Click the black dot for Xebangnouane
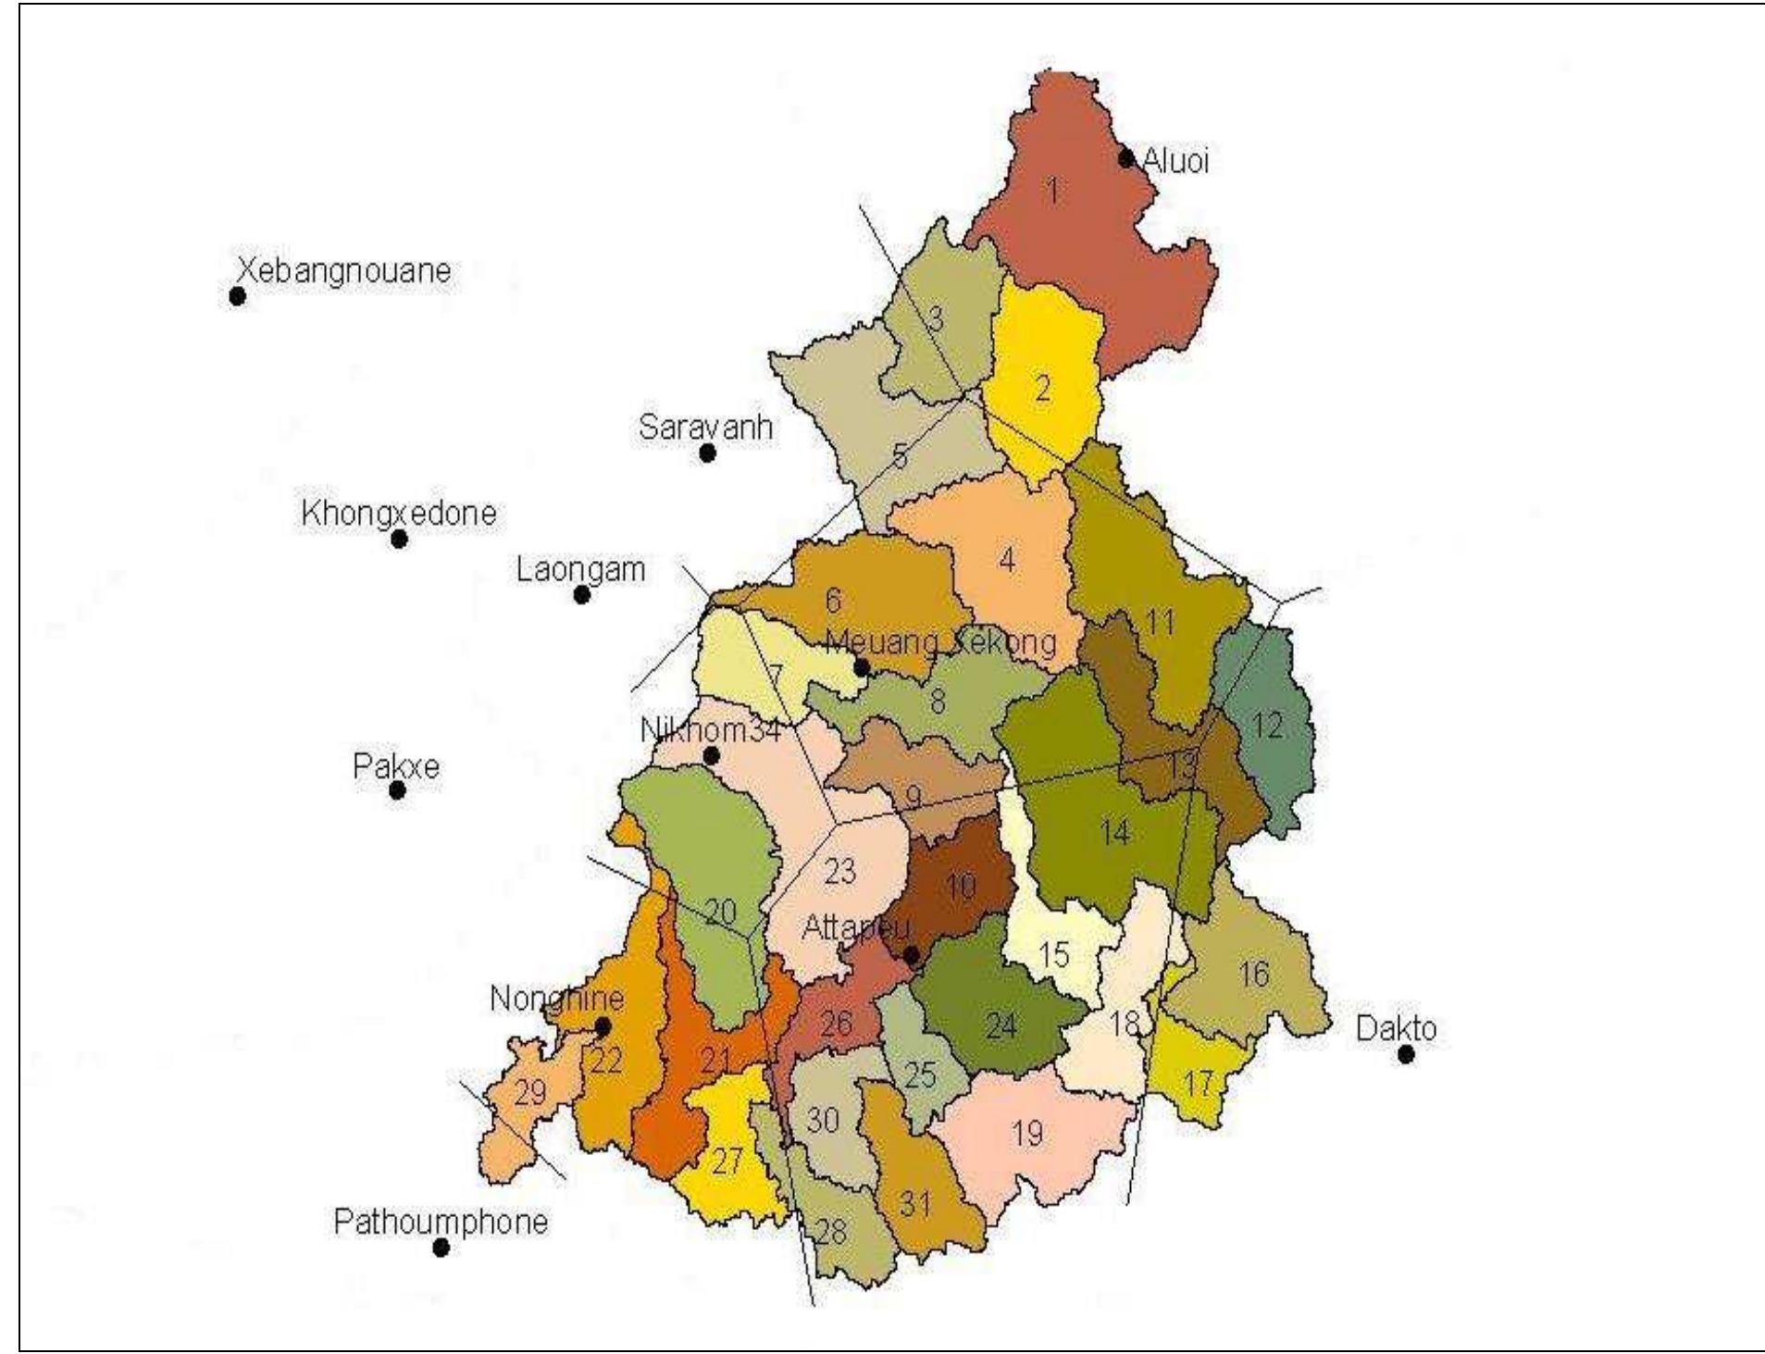(238, 296)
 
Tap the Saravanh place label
(705, 429)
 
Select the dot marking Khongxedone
(399, 539)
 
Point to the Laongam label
(580, 569)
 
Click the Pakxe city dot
(398, 790)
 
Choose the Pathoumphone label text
(441, 1223)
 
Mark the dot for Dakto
(1405, 1054)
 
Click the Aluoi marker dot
(1126, 158)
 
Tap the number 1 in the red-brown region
(1052, 191)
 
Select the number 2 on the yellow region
(1043, 389)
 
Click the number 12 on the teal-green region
(1267, 726)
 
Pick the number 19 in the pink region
(1027, 1133)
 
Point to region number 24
(1001, 1025)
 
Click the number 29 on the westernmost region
(530, 1093)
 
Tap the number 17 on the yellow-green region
(1199, 1083)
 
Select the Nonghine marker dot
(603, 1027)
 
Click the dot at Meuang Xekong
(861, 667)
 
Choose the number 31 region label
(914, 1204)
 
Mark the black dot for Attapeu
(911, 954)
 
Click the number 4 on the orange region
(1007, 560)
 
